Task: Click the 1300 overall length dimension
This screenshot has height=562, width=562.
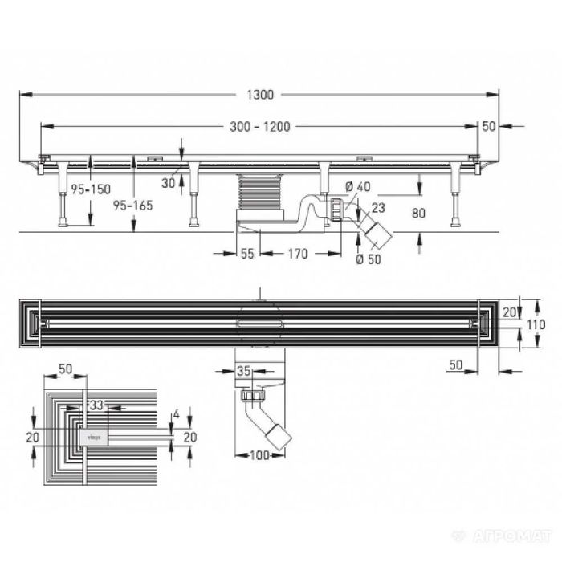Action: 262,95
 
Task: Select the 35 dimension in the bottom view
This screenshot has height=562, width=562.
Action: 245,370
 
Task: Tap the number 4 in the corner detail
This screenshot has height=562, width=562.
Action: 174,414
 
